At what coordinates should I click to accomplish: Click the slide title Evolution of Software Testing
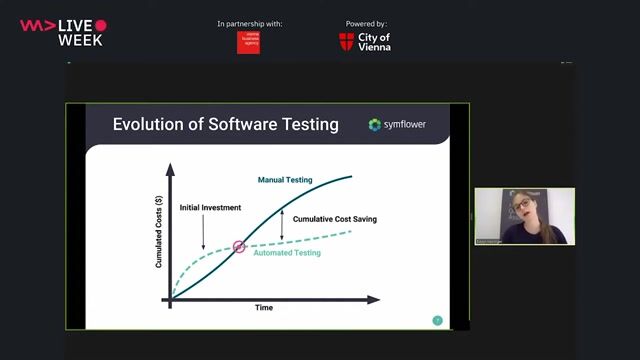[225, 125]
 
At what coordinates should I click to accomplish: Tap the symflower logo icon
[375, 125]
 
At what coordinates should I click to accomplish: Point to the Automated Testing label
[287, 253]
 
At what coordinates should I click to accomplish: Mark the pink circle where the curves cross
[239, 246]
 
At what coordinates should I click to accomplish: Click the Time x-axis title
[263, 308]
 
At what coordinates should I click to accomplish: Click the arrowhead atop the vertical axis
[170, 164]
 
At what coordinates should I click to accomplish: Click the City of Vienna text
[374, 41]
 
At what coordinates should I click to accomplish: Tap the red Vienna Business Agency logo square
[248, 42]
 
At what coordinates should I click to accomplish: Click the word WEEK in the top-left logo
[80, 40]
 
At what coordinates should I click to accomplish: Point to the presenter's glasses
[524, 206]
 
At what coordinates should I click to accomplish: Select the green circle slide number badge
[437, 320]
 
